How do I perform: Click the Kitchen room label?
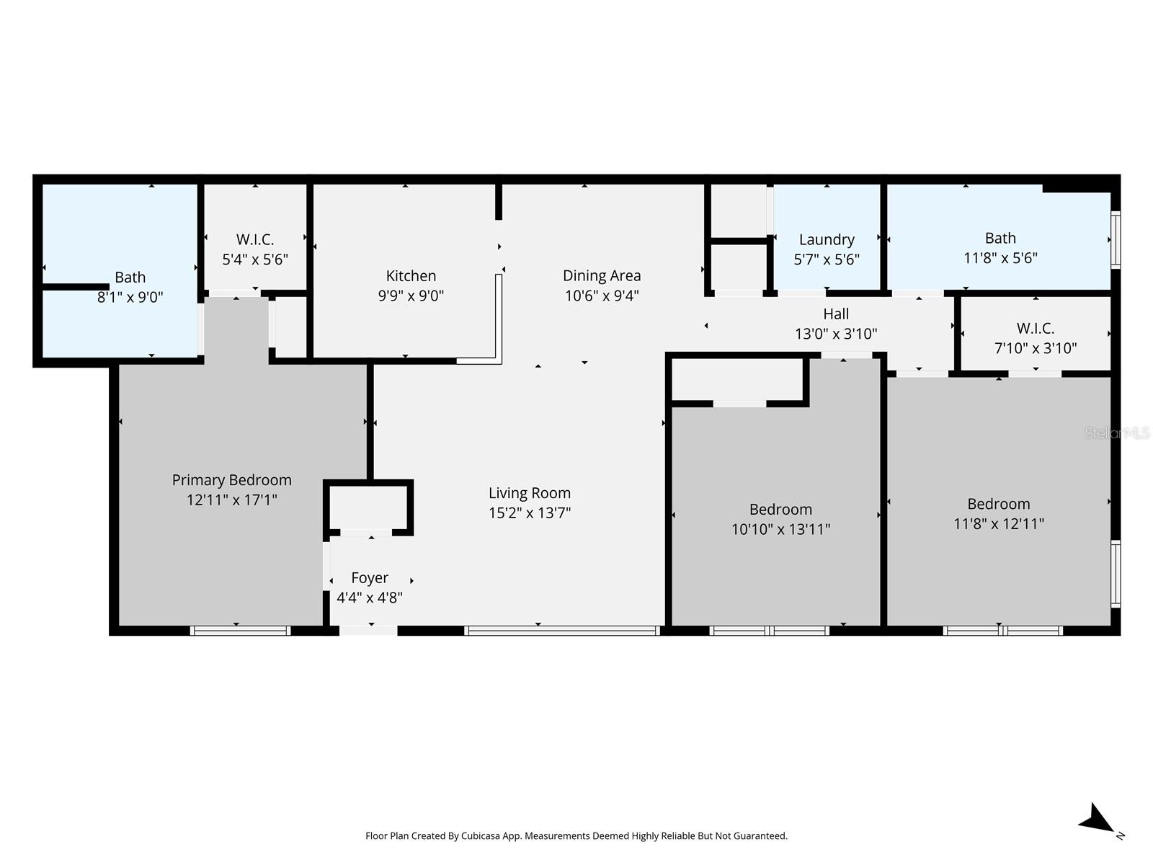[411, 276]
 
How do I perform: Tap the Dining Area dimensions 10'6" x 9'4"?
[602, 296]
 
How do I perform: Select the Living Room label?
[530, 493]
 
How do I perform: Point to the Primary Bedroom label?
[231, 480]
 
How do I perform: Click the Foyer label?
[370, 578]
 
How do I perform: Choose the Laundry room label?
[827, 239]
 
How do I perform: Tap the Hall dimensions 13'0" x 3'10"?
[836, 334]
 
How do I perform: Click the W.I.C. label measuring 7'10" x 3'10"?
[1036, 329]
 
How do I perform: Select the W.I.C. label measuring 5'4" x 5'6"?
[255, 239]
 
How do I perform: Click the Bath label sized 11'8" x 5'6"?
[1000, 238]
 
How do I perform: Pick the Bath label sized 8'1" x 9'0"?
[130, 278]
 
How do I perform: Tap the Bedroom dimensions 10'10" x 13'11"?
[780, 530]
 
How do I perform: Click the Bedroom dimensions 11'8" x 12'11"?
[998, 524]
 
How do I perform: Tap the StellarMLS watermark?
[1117, 433]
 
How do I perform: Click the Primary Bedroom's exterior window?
[240, 631]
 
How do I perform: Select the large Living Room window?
[562, 631]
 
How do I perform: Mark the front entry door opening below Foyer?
[368, 631]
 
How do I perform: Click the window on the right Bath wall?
[1116, 239]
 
